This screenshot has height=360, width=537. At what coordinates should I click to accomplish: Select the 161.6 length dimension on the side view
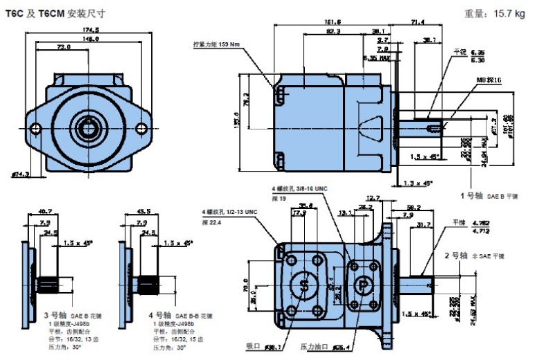click(332, 22)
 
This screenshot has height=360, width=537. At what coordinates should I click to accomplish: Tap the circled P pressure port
click(362, 285)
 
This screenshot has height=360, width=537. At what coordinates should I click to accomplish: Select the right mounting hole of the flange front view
click(142, 128)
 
